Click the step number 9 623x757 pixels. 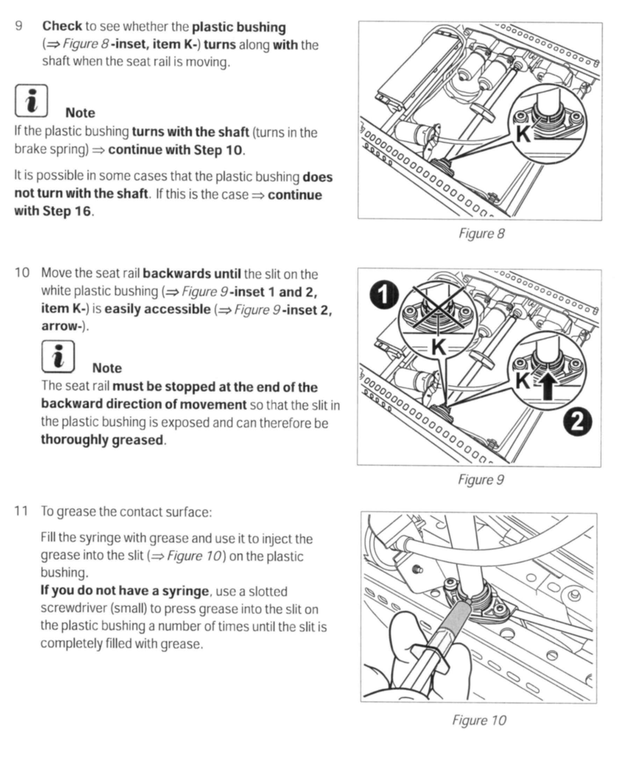pos(19,26)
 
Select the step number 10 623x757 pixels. pos(21,273)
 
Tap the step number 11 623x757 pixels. pos(21,511)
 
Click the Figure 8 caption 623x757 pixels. pos(481,234)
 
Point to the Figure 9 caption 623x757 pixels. pos(480,480)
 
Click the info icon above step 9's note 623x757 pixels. pos(31,101)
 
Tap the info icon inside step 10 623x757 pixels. pos(58,357)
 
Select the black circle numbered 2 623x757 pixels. pos(578,424)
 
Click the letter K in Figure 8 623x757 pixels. pos(523,134)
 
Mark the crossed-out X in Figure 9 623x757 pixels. pos(438,308)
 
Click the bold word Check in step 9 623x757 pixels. pos(62,26)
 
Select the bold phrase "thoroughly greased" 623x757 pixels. pos(102,440)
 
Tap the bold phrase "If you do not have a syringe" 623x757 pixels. pos(124,590)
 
